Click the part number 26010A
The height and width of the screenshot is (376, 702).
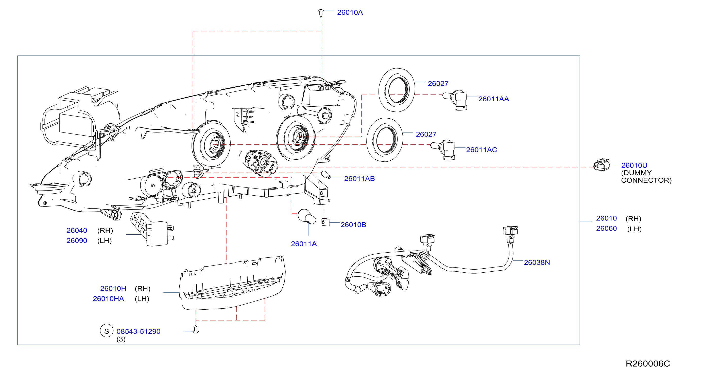[350, 12]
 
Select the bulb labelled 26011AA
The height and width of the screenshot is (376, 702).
[455, 100]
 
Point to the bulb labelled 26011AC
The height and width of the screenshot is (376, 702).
[443, 150]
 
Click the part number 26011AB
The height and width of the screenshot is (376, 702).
[359, 179]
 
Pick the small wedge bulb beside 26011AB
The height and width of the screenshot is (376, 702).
[326, 175]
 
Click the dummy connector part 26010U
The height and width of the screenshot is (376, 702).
[602, 165]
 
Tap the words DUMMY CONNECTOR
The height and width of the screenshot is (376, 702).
[646, 177]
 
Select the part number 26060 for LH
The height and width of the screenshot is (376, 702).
[606, 229]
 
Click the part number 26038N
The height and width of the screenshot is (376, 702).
[537, 262]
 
